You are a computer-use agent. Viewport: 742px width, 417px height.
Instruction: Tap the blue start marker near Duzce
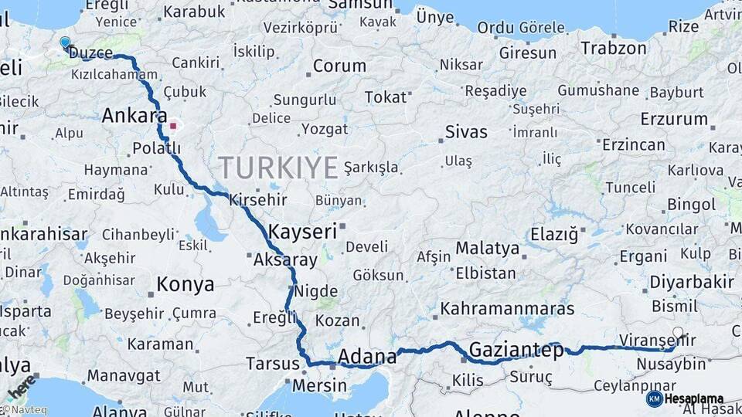point(65,43)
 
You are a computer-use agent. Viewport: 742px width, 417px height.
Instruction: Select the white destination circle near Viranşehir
point(678,334)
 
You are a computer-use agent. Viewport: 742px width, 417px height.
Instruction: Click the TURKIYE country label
point(278,167)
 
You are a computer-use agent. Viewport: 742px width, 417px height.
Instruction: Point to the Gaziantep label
point(516,350)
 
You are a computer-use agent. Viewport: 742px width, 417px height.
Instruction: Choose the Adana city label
point(368,357)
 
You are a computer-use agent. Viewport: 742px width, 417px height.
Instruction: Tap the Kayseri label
point(303,231)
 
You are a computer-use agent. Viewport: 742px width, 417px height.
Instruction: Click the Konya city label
point(185,285)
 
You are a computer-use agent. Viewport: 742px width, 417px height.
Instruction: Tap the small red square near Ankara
point(174,125)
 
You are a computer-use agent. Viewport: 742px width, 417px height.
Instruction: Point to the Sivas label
point(466,132)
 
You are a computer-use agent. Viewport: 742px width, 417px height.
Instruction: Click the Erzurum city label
point(674,119)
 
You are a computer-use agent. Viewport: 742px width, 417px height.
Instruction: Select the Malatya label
point(487,249)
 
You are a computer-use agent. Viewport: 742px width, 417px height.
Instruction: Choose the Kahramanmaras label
point(507,309)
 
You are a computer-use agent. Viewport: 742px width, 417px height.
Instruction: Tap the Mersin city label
point(318,385)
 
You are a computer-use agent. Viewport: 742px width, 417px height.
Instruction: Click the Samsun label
point(360,5)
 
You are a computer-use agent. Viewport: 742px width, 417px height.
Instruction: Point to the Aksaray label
point(285,260)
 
